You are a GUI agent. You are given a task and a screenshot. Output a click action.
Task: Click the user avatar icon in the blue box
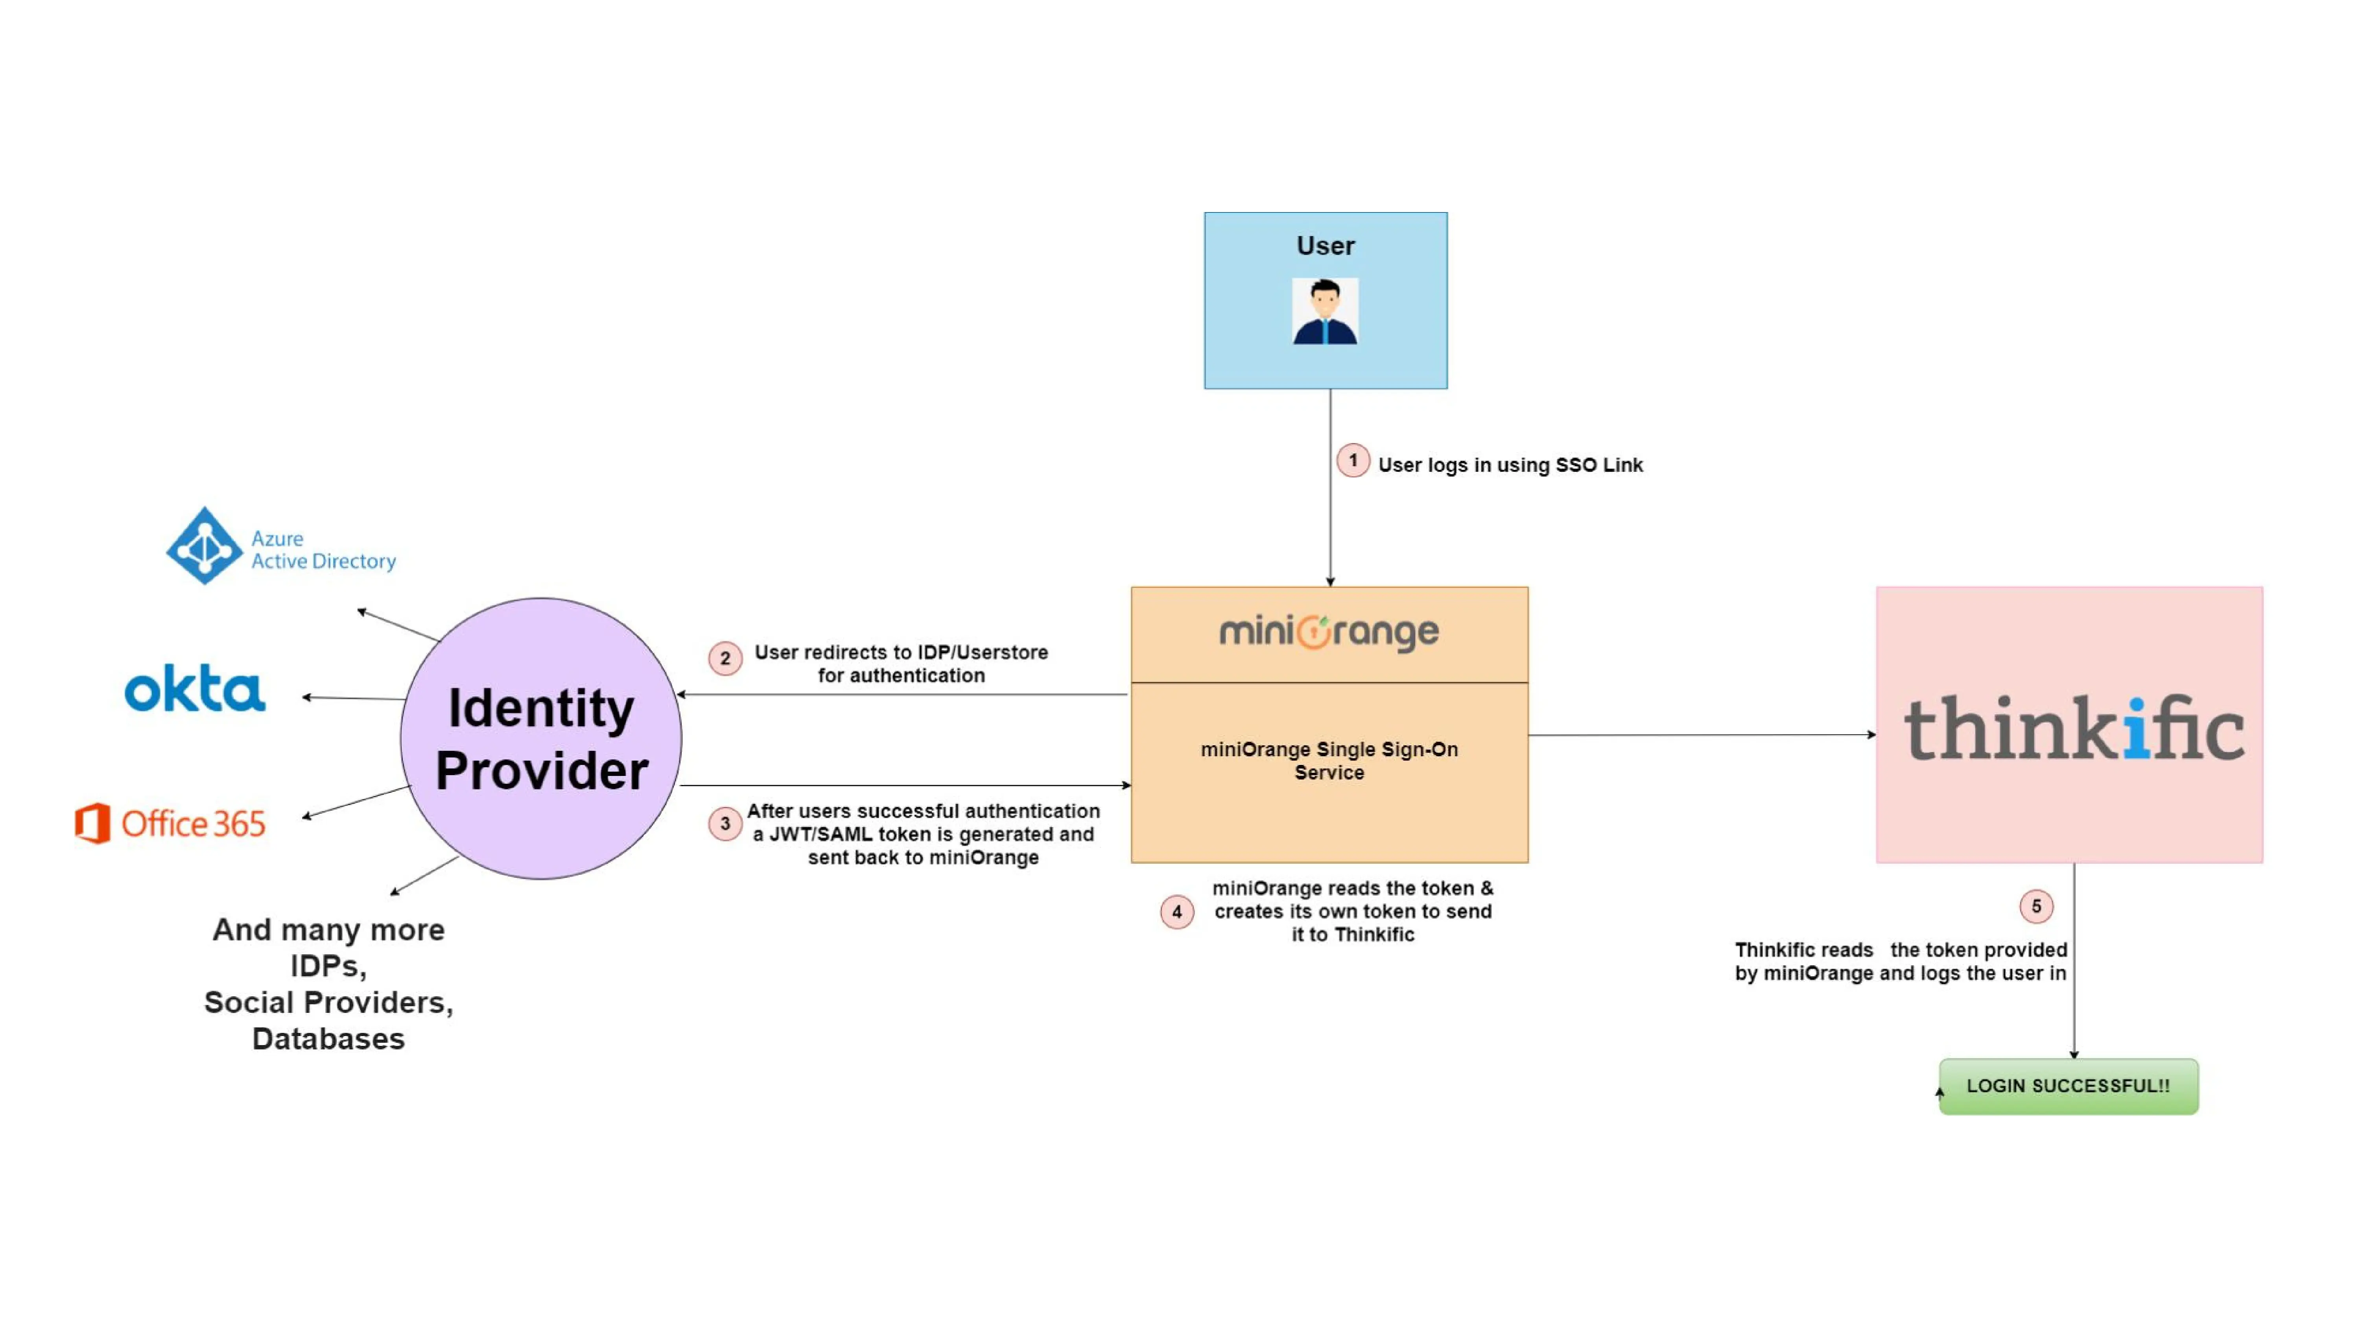1325,312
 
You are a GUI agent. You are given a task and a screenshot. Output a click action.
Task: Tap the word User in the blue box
1325,246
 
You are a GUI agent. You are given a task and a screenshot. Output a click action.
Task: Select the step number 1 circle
1352,461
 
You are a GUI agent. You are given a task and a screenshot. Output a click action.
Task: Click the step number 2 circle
725,658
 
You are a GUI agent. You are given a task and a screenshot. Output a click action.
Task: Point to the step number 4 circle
1176,912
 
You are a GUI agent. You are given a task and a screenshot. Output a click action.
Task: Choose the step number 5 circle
2035,907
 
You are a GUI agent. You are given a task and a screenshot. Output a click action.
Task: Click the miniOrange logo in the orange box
1328,632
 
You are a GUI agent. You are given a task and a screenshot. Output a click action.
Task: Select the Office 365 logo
170,823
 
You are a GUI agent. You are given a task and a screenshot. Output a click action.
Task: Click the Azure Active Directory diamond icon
204,546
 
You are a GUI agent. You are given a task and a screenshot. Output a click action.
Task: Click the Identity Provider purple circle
540,739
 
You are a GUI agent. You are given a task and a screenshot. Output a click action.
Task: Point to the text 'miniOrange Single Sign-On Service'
1328,761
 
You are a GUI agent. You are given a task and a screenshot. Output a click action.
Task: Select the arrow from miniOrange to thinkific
1700,734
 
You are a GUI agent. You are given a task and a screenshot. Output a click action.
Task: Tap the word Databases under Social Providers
328,1038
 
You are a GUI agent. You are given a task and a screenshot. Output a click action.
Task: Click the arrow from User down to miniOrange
1330,513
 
